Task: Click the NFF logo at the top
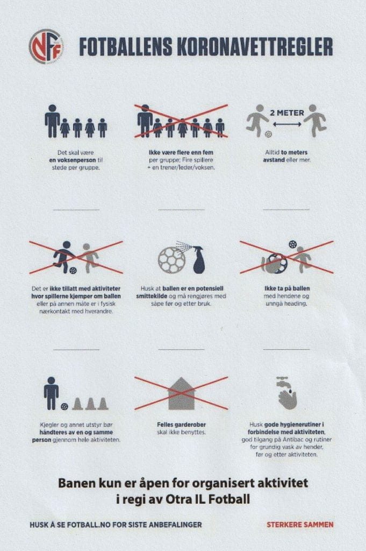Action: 46,46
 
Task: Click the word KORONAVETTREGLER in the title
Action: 254,47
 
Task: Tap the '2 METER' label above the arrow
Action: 287,113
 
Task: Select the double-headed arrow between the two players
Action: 287,124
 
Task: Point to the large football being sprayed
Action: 171,260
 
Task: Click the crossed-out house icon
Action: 181,393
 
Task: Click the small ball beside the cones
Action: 64,407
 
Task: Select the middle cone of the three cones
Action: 90,404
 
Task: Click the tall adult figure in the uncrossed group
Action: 52,121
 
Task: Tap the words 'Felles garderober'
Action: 182,425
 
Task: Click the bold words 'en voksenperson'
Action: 73,160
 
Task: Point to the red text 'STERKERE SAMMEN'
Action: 300,525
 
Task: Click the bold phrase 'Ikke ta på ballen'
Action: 287,288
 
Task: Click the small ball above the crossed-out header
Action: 292,244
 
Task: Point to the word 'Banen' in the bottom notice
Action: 76,483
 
